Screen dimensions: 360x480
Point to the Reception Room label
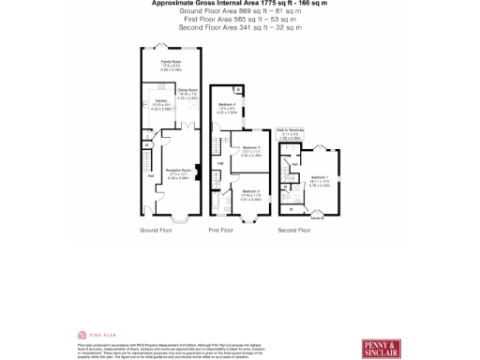pyautogui.click(x=178, y=174)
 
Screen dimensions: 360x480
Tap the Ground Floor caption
pyautogui.click(x=156, y=230)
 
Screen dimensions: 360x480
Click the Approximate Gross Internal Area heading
pyautogui.click(x=239, y=4)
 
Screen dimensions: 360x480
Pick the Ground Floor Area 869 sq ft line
pyautogui.click(x=239, y=11)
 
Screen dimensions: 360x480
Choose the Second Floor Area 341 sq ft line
pyautogui.click(x=239, y=27)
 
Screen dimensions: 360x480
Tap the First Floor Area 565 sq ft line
pyautogui.click(x=239, y=19)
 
